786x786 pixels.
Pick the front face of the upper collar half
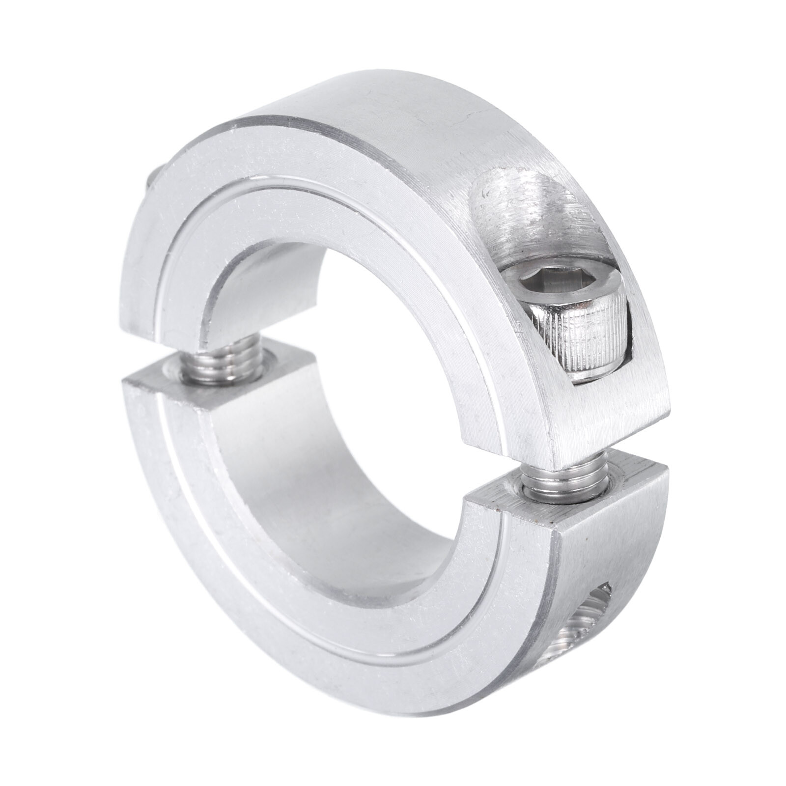[x=295, y=187]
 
